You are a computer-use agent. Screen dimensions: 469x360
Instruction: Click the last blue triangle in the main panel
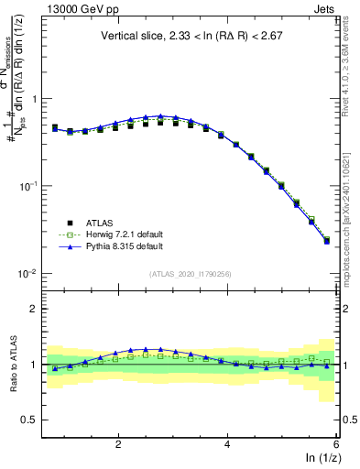point(327,242)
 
